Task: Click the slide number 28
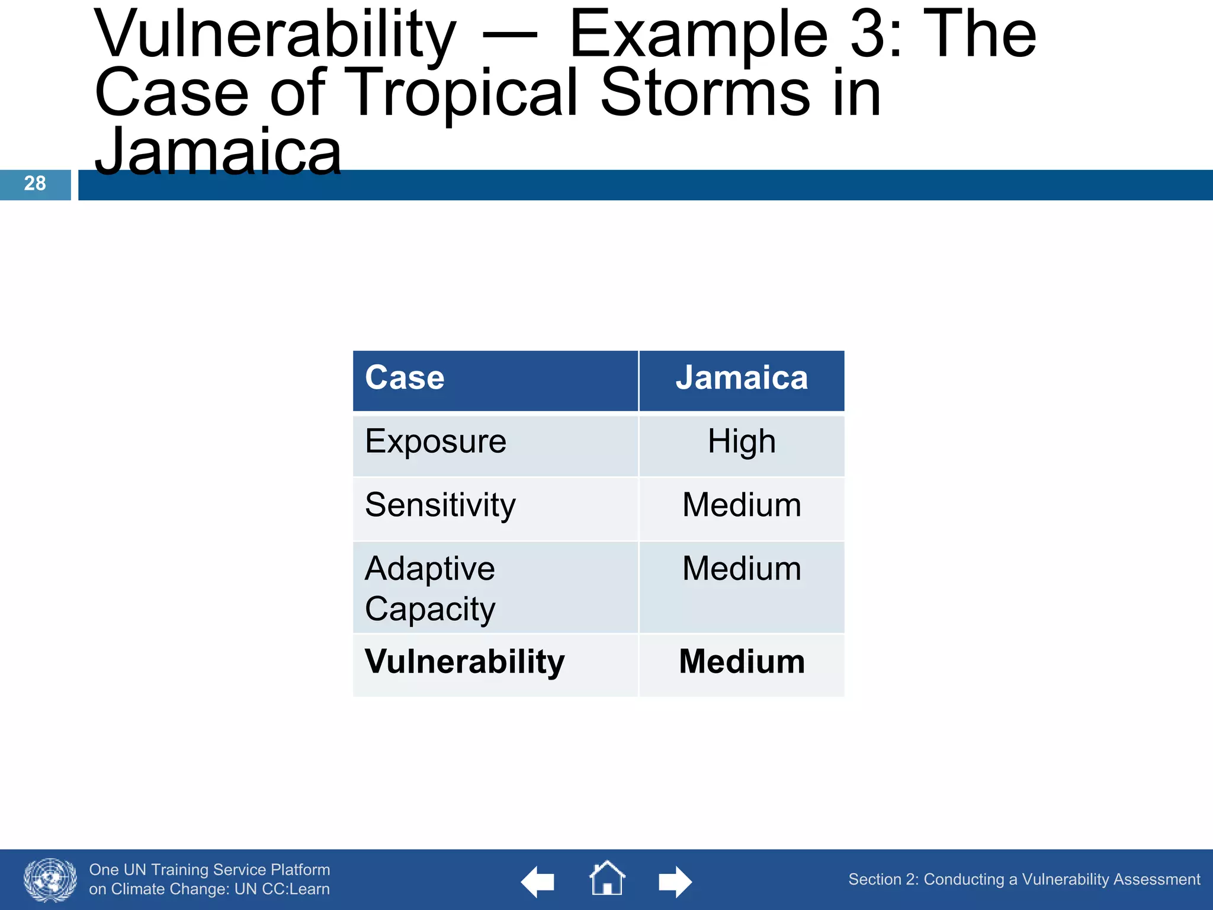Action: tap(35, 184)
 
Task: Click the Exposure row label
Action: tap(435, 442)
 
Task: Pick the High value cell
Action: tap(742, 442)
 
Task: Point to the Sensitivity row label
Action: tap(440, 505)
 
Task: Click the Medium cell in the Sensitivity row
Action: tap(742, 505)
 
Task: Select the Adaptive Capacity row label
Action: tap(431, 588)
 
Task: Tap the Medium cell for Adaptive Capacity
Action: tap(742, 569)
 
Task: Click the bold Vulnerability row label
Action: tap(464, 662)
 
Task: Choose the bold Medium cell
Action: tap(742, 662)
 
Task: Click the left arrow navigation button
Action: tap(538, 882)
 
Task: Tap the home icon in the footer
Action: tap(607, 879)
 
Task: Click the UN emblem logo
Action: tap(50, 880)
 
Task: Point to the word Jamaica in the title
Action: tap(218, 153)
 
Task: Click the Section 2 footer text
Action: tap(1023, 879)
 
